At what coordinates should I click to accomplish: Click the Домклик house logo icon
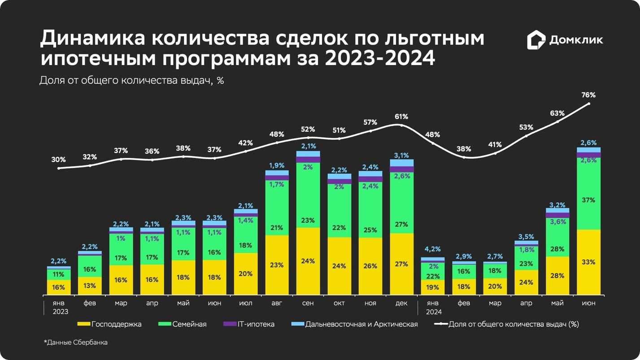coord(536,40)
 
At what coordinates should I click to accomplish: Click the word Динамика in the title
coord(92,39)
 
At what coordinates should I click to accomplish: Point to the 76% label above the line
coord(588,95)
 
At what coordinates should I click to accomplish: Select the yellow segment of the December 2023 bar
coord(401,264)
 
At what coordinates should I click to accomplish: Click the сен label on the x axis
coord(308,304)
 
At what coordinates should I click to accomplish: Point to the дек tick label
coord(401,304)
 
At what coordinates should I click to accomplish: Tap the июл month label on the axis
coord(246,304)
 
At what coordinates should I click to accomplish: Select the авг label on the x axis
coord(277,304)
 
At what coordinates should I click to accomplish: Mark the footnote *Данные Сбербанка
coord(76,343)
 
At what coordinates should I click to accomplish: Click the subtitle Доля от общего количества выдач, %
coord(131,81)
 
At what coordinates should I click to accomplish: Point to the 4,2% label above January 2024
coord(433,249)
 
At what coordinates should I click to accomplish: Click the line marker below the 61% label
coord(401,126)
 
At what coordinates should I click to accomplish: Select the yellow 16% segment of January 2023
coord(59,287)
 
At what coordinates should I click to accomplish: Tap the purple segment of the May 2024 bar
coord(557,216)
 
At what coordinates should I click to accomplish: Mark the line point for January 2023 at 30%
coord(59,168)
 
